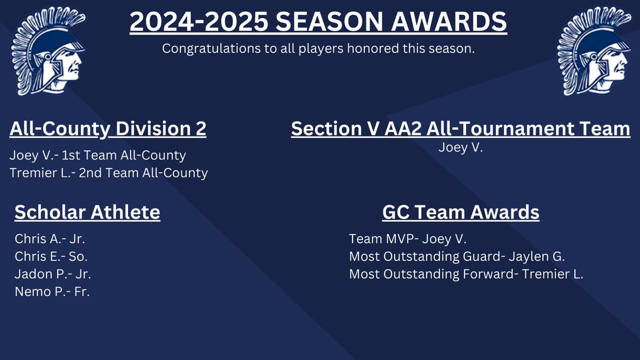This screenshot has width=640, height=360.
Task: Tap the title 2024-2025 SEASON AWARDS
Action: tap(318, 22)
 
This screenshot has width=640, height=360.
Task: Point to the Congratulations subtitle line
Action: tap(318, 49)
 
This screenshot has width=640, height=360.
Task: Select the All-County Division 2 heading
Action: tap(108, 130)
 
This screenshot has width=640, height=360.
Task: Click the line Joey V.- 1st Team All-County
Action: tap(98, 155)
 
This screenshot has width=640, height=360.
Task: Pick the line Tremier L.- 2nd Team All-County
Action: tap(108, 173)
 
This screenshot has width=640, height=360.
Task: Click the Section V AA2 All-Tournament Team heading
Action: tap(460, 130)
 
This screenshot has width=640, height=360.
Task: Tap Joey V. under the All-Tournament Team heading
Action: tap(460, 148)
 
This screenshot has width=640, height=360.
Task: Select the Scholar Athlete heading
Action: tap(87, 212)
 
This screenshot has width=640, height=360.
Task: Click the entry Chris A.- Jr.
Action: tap(50, 238)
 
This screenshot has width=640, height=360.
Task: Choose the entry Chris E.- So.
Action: tap(51, 256)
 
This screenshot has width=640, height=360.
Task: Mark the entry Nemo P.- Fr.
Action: tap(52, 292)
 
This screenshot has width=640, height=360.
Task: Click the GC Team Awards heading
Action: tap(460, 212)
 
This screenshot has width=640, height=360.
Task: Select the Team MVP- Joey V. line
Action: tap(407, 238)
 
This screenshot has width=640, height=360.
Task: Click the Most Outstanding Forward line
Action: tap(466, 274)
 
